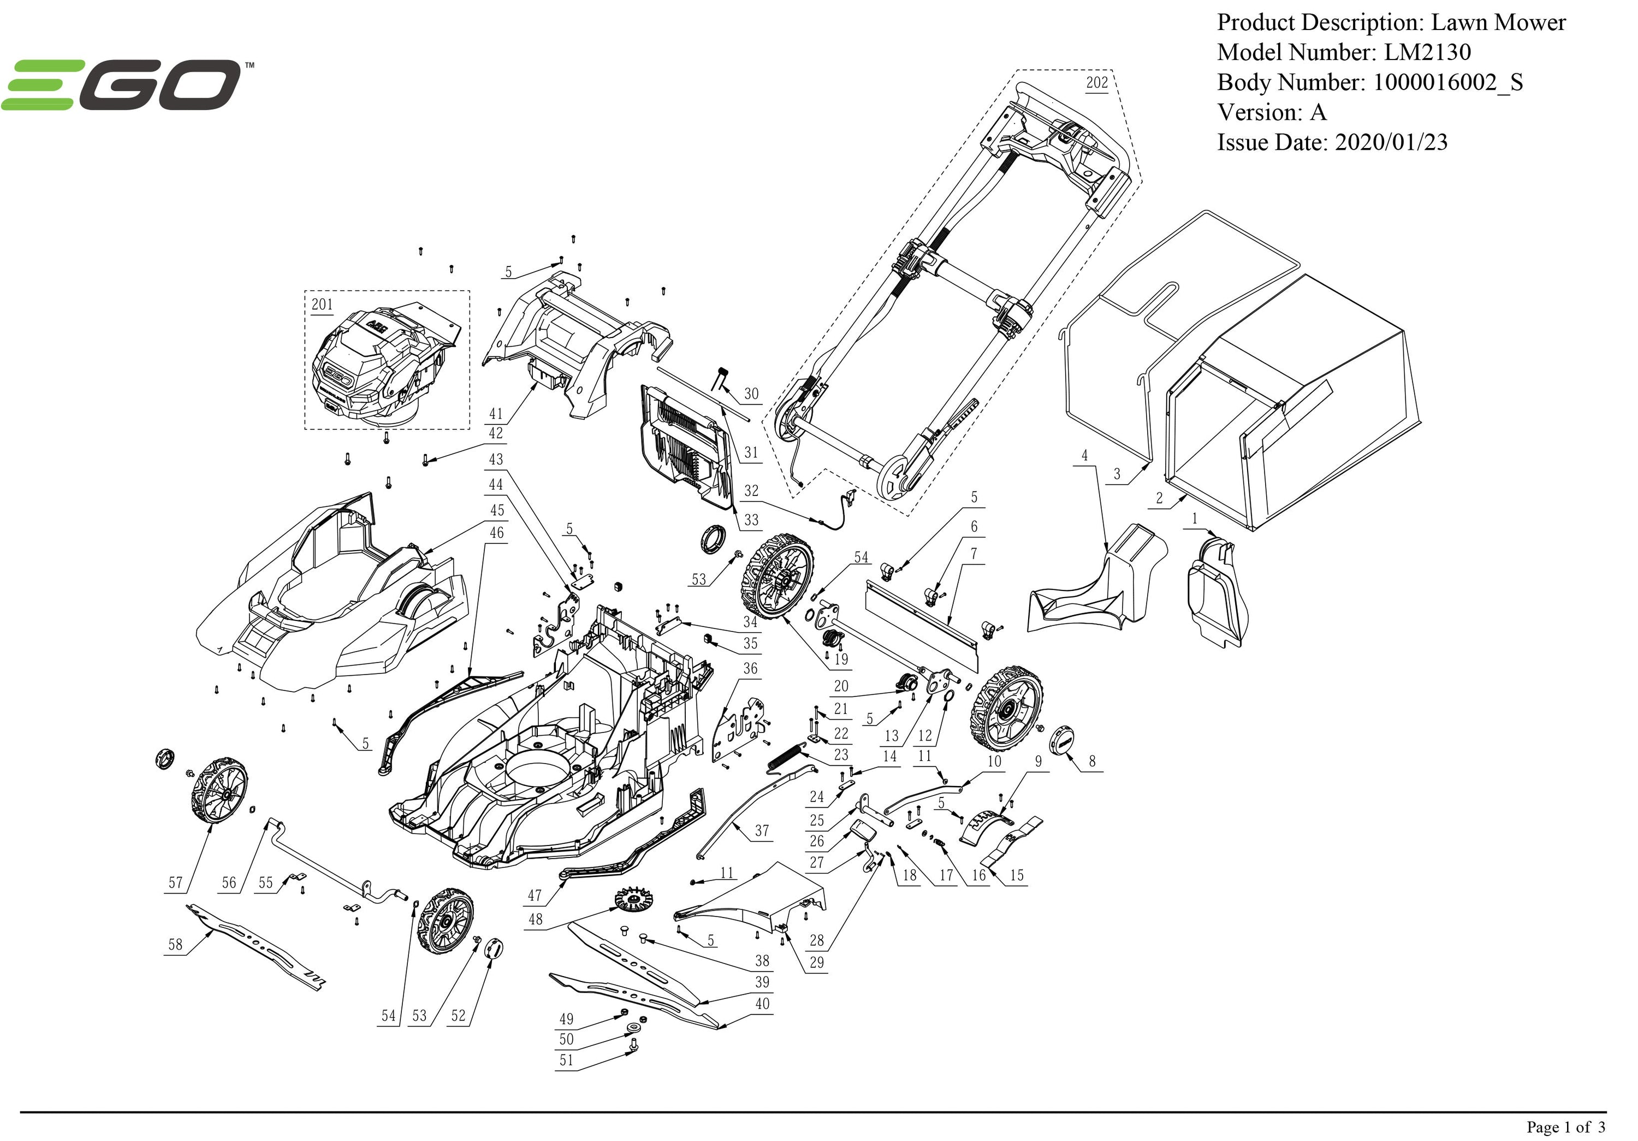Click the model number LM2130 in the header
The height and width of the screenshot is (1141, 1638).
[1427, 52]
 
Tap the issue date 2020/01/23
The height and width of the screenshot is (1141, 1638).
[1391, 142]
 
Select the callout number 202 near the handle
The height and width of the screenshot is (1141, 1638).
[1096, 83]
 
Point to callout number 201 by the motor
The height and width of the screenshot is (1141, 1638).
[322, 305]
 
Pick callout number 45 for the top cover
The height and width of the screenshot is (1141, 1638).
[497, 510]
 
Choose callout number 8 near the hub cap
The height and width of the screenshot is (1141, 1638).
[1092, 761]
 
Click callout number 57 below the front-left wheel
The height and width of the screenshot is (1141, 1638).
[175, 883]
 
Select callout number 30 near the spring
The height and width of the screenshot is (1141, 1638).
[751, 394]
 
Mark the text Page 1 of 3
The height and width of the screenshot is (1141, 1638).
[1565, 1127]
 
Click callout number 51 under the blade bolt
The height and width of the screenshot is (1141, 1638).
[566, 1060]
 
